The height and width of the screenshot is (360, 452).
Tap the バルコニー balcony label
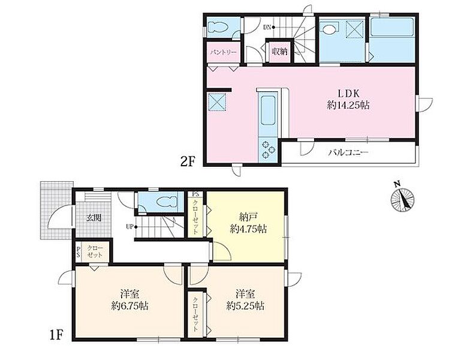348,152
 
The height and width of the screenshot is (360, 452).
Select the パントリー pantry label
224,53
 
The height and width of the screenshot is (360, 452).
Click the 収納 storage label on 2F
279,52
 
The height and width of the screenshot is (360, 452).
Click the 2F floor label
188,162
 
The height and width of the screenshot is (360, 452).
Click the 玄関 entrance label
94,218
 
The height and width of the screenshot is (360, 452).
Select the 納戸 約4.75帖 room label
248,223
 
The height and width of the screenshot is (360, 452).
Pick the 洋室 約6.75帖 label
129,300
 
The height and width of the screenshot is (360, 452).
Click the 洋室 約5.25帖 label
245,300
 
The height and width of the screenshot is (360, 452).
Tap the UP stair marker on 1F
130,226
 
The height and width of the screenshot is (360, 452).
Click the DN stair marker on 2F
269,28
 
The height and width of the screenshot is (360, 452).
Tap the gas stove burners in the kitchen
269,149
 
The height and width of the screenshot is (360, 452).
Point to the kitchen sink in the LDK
268,110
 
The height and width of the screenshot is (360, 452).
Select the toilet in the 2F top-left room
219,28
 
